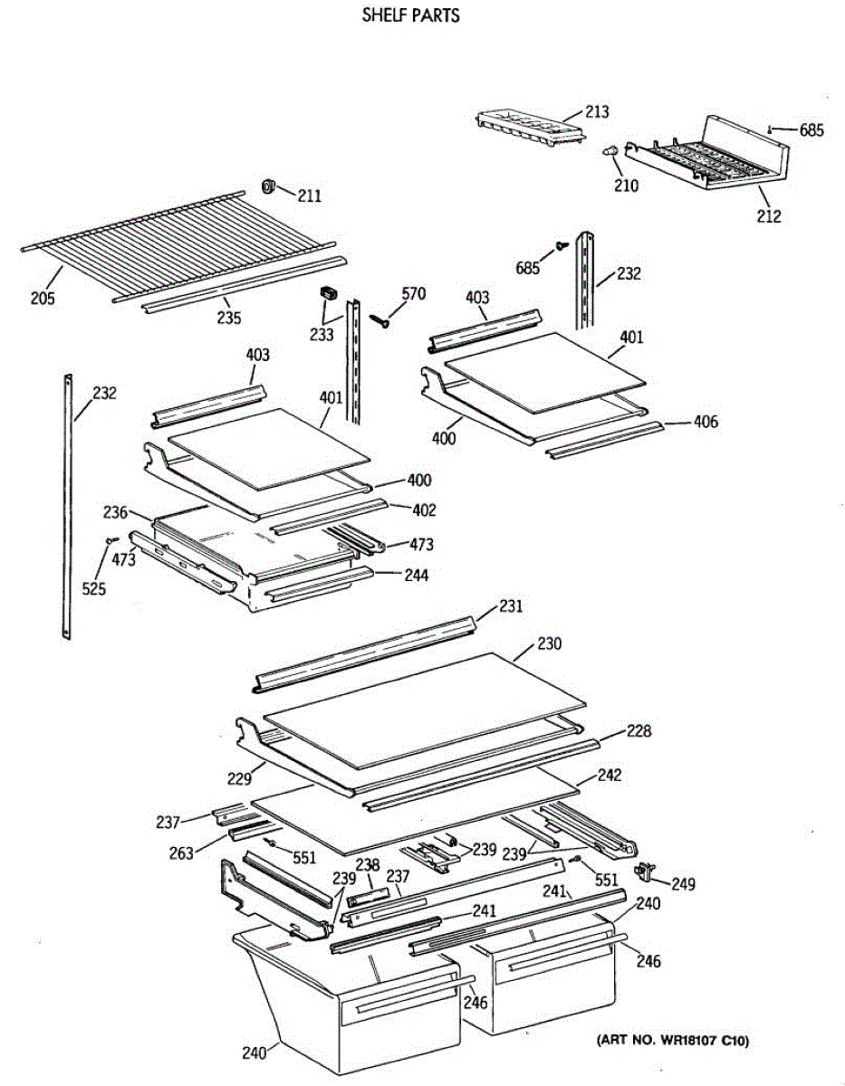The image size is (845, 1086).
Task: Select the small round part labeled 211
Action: click(268, 186)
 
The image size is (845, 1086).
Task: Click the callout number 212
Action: click(769, 216)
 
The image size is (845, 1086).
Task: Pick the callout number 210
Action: click(625, 186)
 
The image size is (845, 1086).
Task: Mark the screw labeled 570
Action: click(378, 319)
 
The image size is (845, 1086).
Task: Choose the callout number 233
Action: click(321, 334)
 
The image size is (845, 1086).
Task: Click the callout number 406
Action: click(706, 421)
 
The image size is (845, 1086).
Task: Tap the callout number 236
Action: click(115, 512)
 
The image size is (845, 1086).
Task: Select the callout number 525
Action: click(94, 589)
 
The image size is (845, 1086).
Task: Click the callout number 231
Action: click(512, 605)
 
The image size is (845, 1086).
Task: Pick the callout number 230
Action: click(548, 645)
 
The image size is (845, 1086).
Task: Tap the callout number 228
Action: click(639, 730)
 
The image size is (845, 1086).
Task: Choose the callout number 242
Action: click(610, 776)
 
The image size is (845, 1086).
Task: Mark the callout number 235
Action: click(228, 318)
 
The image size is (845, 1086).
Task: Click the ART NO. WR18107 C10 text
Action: click(672, 1043)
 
